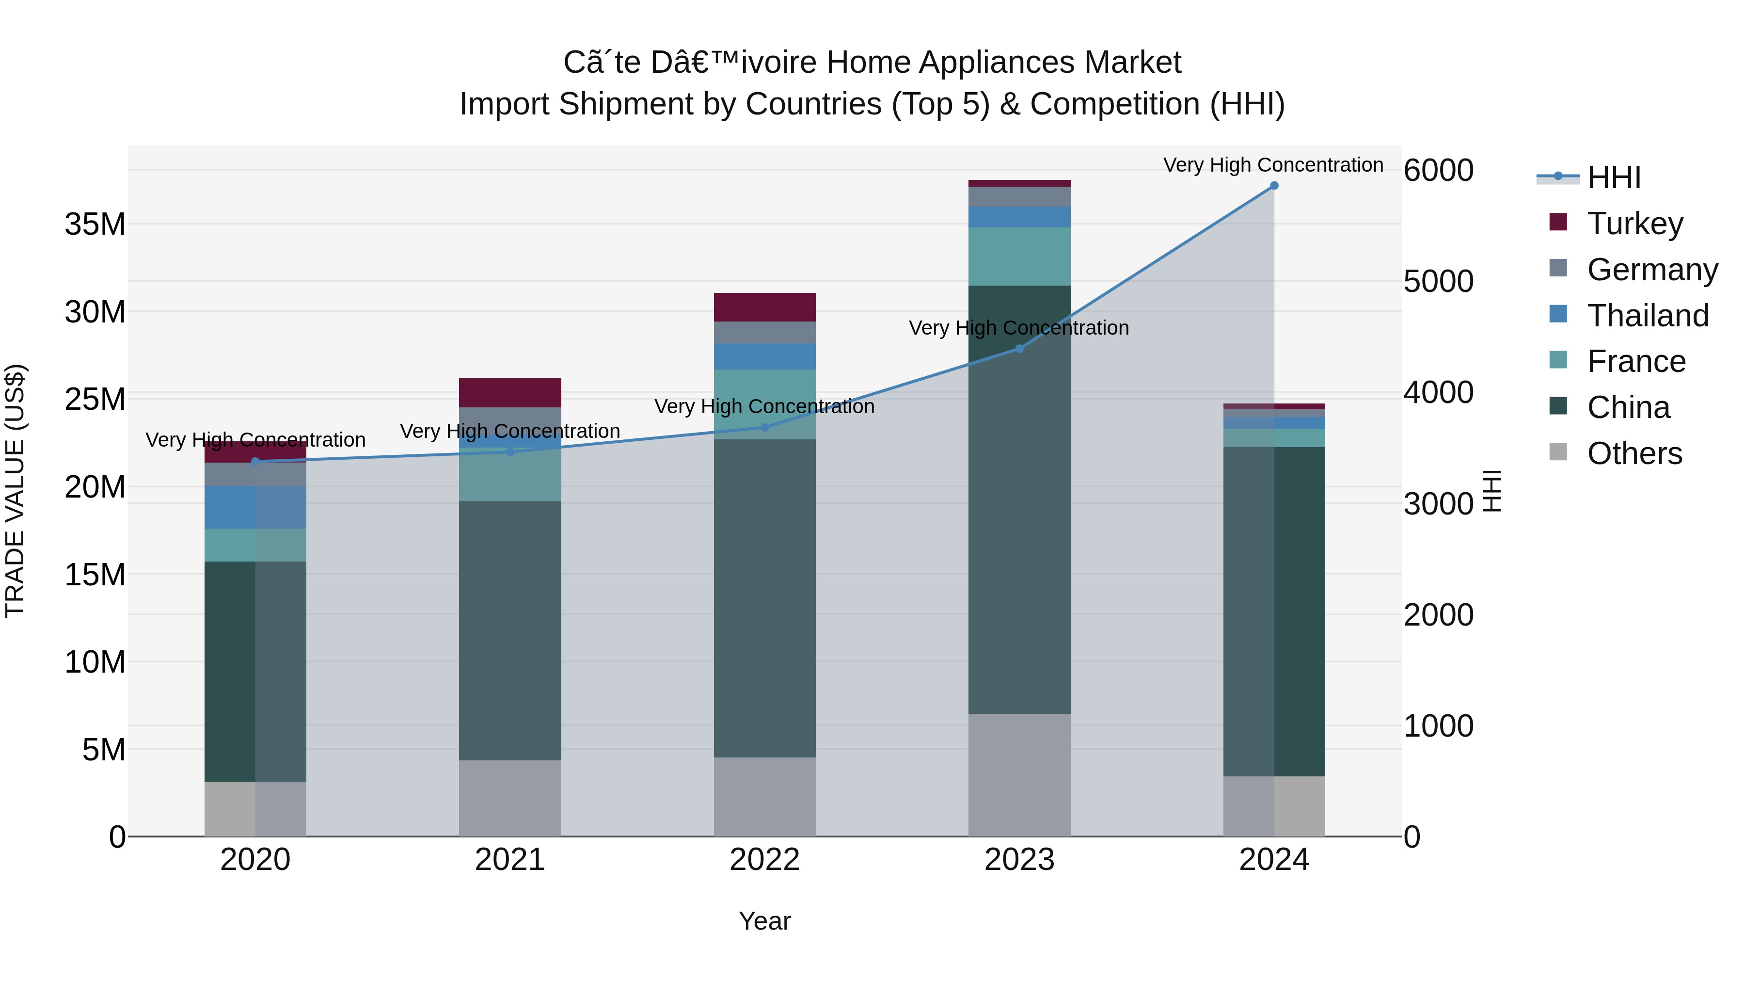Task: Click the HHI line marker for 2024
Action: pyautogui.click(x=1273, y=186)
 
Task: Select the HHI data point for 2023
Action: pyautogui.click(x=1019, y=349)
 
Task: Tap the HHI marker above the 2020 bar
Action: pyautogui.click(x=255, y=462)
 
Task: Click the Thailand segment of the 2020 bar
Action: pyautogui.click(x=255, y=507)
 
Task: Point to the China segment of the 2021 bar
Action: pyautogui.click(x=509, y=630)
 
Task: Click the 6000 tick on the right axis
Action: pyautogui.click(x=1438, y=170)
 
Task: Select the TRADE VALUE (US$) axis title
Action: pyautogui.click(x=15, y=491)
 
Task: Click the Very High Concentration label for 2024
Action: pyautogui.click(x=1273, y=165)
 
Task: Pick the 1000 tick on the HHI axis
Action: pyautogui.click(x=1438, y=726)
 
